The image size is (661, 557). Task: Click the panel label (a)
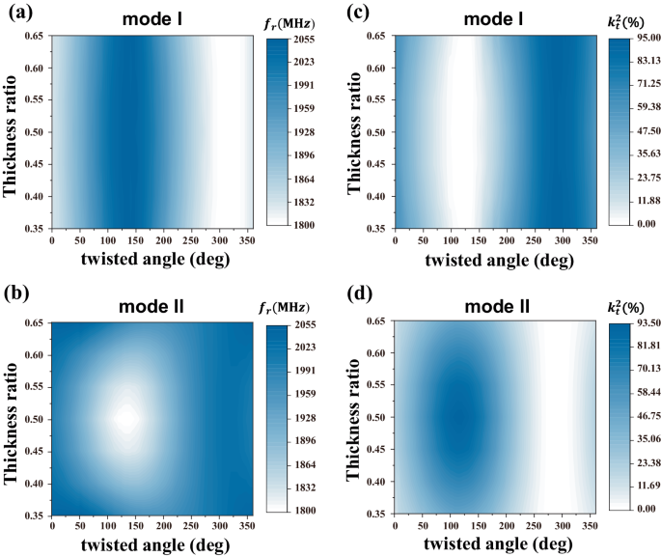point(18,13)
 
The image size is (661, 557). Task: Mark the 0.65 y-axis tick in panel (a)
point(34,37)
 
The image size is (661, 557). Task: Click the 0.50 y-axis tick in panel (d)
point(377,418)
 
